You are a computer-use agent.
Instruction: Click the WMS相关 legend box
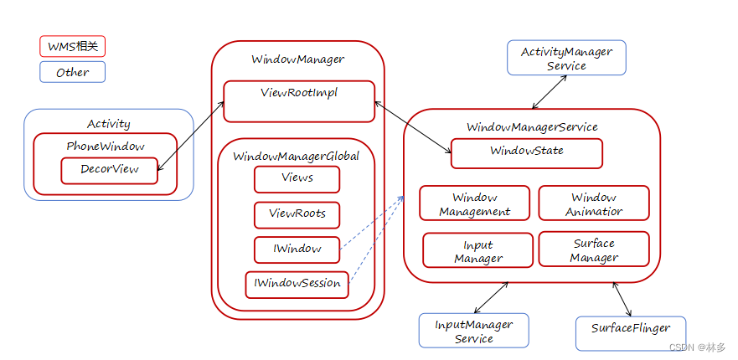72,46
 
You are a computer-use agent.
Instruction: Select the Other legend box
72,72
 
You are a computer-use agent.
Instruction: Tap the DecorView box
109,170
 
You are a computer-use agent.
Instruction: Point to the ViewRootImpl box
298,101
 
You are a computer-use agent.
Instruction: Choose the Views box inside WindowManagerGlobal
297,179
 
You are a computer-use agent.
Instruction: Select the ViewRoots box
297,214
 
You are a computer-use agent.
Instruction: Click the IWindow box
297,249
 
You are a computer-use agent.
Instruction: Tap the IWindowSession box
297,284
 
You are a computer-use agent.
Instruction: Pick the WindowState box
526,153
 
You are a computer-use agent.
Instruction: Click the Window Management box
474,203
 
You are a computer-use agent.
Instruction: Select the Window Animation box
593,203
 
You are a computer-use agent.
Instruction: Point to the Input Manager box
477,250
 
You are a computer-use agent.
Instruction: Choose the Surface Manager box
593,249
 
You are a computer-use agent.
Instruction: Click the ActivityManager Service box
566,58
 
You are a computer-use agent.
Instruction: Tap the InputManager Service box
473,330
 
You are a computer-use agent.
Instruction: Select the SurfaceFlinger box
630,332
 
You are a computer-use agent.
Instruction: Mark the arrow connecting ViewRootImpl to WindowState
412,127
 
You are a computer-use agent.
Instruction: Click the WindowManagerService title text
532,126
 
